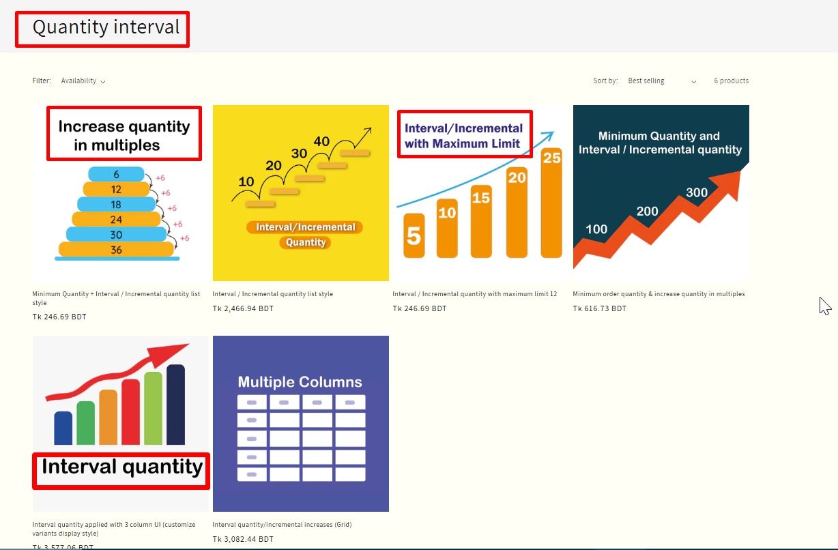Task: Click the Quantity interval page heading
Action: coord(106,28)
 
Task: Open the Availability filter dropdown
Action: coord(83,81)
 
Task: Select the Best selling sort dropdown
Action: coord(661,81)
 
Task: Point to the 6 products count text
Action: coord(731,81)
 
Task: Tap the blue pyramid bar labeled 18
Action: coord(116,204)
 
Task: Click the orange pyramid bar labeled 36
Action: coord(116,250)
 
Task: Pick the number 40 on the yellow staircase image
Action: coord(321,142)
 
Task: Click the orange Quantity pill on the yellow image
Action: coord(306,242)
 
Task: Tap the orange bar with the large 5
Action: coord(414,235)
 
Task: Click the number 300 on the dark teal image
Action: coord(696,193)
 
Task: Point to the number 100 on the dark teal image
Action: coord(596,229)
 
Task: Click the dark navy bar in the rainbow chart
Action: coord(175,405)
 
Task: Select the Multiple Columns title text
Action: coord(300,382)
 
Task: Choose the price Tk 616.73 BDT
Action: coord(599,309)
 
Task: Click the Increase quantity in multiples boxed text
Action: coord(124,134)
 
